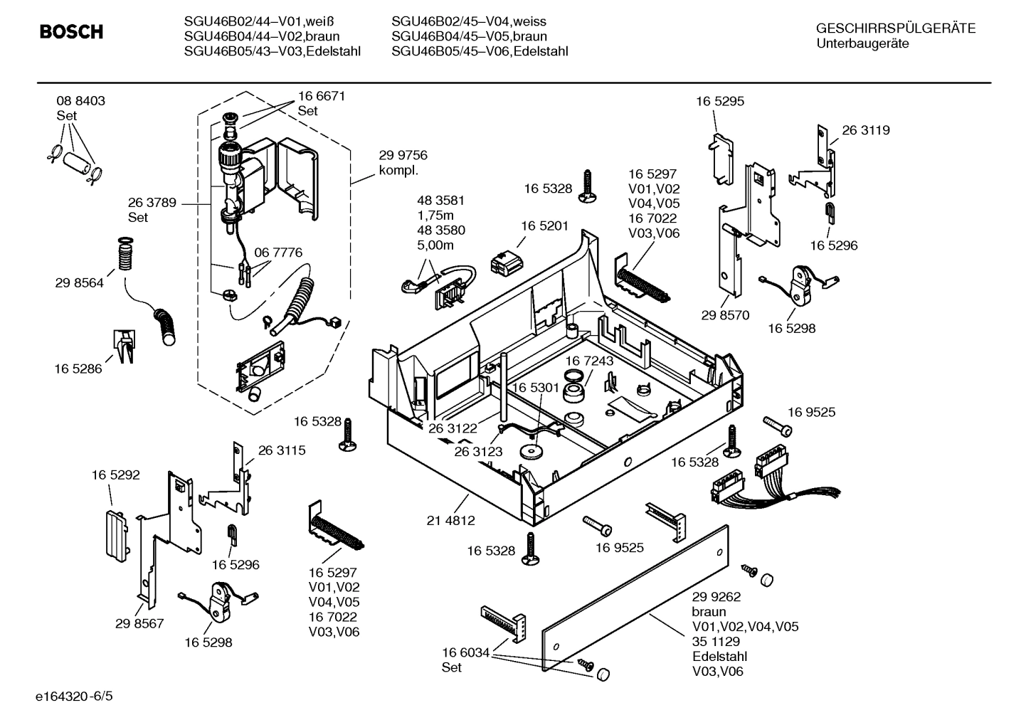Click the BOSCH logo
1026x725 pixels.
point(71,32)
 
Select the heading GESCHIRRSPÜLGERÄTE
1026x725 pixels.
point(895,28)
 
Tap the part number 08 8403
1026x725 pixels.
point(80,101)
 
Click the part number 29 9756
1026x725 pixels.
point(403,155)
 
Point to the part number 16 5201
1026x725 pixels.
point(544,226)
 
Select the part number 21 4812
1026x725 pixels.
point(450,520)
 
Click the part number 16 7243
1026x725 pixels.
point(589,361)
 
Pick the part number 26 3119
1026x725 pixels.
point(865,130)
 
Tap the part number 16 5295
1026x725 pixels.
point(720,101)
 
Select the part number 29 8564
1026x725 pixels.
point(79,282)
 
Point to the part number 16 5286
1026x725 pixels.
point(78,369)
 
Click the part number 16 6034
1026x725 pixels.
point(465,652)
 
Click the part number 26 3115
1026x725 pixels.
point(282,450)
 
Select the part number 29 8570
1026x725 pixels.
point(725,315)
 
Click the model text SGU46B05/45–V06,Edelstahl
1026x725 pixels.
point(480,51)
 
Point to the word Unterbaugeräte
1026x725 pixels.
point(862,43)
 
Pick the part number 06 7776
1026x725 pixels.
point(278,253)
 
